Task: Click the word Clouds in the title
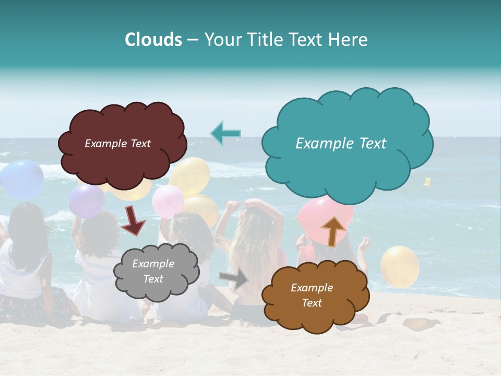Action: click(x=153, y=40)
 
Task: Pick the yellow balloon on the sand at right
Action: click(x=400, y=266)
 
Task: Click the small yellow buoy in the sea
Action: click(x=427, y=182)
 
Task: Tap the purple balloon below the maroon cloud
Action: click(x=87, y=201)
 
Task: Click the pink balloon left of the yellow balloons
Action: click(x=168, y=202)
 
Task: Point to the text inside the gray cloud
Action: click(x=153, y=272)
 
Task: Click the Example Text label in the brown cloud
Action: click(x=312, y=295)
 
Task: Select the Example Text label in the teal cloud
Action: click(x=341, y=144)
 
